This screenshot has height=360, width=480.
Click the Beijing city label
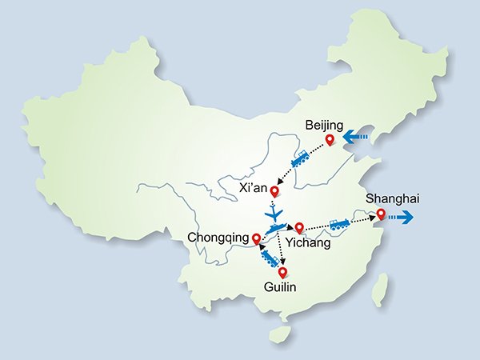pyautogui.click(x=325, y=126)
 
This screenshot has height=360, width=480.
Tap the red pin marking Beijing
pyautogui.click(x=329, y=142)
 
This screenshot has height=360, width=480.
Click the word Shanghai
pyautogui.click(x=392, y=198)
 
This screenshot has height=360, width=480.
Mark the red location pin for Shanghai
pyautogui.click(x=381, y=214)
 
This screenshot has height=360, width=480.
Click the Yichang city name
pyautogui.click(x=308, y=243)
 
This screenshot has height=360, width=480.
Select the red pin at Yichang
pyautogui.click(x=300, y=227)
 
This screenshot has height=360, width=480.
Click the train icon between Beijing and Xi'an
pyautogui.click(x=301, y=159)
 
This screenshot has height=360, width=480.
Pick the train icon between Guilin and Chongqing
pyautogui.click(x=269, y=256)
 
